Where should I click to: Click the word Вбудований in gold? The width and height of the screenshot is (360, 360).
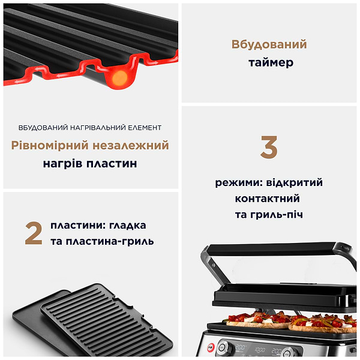coord(269,44)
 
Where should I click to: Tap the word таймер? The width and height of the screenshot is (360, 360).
coord(269,62)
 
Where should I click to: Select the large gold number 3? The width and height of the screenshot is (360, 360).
coord(269,148)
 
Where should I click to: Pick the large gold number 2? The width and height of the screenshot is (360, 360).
coord(34,233)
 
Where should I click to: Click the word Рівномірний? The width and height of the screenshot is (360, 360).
coord(49,145)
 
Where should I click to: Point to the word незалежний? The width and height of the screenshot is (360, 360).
coord(130,145)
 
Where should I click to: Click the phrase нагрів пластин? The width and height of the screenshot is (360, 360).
coord(90,163)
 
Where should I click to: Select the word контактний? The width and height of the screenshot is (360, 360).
coord(268,199)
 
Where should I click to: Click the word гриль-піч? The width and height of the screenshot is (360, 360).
coord(286,215)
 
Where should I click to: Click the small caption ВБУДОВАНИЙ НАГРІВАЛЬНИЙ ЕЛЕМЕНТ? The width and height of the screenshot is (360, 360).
coord(90,127)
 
